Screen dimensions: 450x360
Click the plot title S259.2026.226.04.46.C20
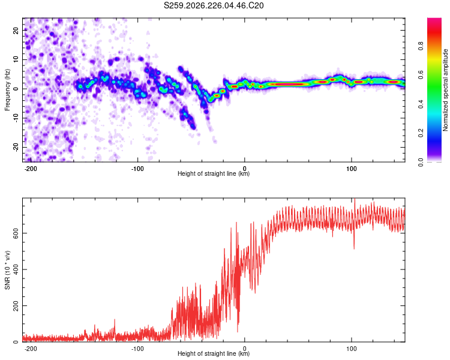[x=214, y=5]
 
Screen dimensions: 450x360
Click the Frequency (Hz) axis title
[x=7, y=90]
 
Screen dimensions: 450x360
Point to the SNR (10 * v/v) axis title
[x=7, y=270]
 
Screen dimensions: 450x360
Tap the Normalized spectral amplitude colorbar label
[x=445, y=90]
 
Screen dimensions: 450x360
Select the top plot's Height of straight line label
[x=214, y=173]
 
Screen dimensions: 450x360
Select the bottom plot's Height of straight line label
[x=214, y=353]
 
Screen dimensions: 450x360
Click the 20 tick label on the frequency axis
[x=16, y=30]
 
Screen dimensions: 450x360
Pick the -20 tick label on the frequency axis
[x=16, y=146]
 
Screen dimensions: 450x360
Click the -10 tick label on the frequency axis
[x=16, y=118]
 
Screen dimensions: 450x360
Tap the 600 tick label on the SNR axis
[x=16, y=233]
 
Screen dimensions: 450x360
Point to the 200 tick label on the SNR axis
[x=16, y=306]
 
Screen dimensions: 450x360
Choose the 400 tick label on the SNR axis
[x=16, y=269]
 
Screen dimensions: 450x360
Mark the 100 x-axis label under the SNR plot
[x=351, y=349]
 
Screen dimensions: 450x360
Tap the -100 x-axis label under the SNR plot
[x=137, y=349]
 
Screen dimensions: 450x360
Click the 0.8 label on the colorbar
[x=421, y=46]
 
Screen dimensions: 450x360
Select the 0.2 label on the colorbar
[x=421, y=133]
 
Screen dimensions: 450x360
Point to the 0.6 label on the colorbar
[x=421, y=75]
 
